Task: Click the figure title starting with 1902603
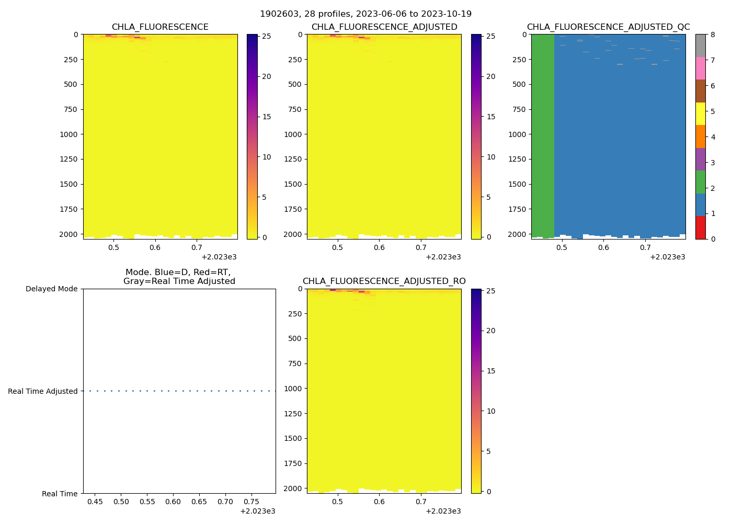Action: tap(365, 14)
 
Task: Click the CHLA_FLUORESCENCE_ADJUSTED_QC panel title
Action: tap(608, 27)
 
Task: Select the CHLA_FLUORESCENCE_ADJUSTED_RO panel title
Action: tap(384, 281)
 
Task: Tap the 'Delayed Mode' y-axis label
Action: tap(51, 289)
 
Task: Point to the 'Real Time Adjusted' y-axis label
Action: tap(42, 391)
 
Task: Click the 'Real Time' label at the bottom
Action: tap(60, 494)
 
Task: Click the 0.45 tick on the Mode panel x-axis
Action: tap(95, 502)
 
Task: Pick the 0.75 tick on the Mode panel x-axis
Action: tap(251, 502)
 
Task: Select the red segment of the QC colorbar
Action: tap(700, 228)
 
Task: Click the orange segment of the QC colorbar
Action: tap(700, 137)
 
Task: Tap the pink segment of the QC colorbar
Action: tap(700, 68)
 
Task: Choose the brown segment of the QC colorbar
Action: tap(700, 91)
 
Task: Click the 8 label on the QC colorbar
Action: tap(712, 35)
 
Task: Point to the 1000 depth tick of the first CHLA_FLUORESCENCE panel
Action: tap(68, 134)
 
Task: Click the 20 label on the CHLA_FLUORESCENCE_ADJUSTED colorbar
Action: tap(490, 76)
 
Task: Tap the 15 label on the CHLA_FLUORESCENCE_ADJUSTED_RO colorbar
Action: tap(490, 371)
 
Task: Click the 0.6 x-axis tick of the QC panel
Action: tap(603, 247)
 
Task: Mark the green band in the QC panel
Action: tap(543, 131)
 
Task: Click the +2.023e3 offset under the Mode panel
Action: tap(257, 511)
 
